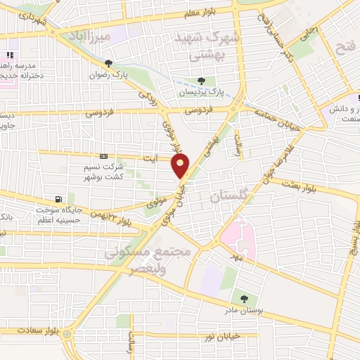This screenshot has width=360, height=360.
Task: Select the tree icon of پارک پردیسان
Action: coord(202,81)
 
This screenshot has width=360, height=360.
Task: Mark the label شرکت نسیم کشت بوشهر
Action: coord(104,172)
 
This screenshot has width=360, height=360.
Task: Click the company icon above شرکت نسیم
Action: coord(104,156)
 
